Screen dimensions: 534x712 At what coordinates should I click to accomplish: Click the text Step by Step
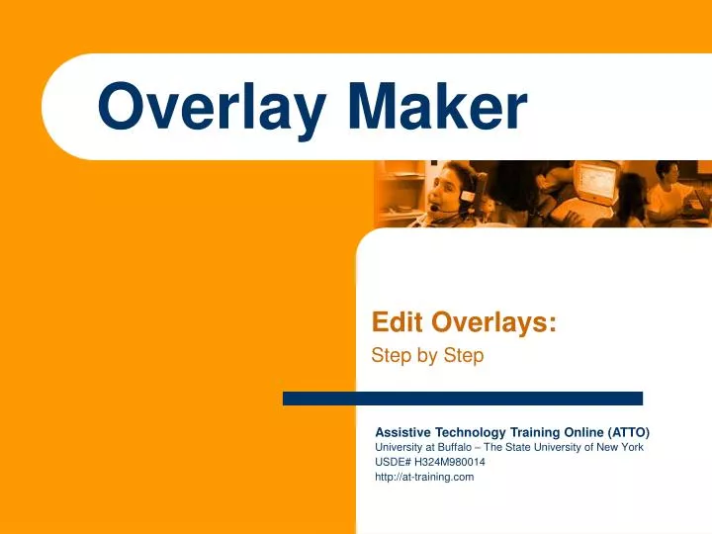427,356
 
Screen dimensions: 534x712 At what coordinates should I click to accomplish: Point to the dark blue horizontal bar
462,399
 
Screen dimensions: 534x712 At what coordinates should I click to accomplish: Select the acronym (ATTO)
624,432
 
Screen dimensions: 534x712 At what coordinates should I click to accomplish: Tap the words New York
619,447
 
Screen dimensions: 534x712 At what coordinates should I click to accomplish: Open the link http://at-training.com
424,477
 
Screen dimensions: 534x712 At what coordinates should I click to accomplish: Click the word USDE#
394,462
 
